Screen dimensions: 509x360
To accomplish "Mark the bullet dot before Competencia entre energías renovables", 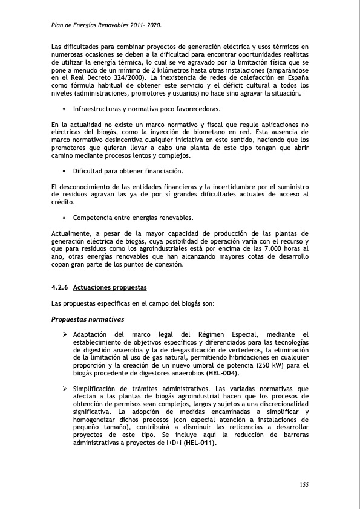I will [x=64, y=218].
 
